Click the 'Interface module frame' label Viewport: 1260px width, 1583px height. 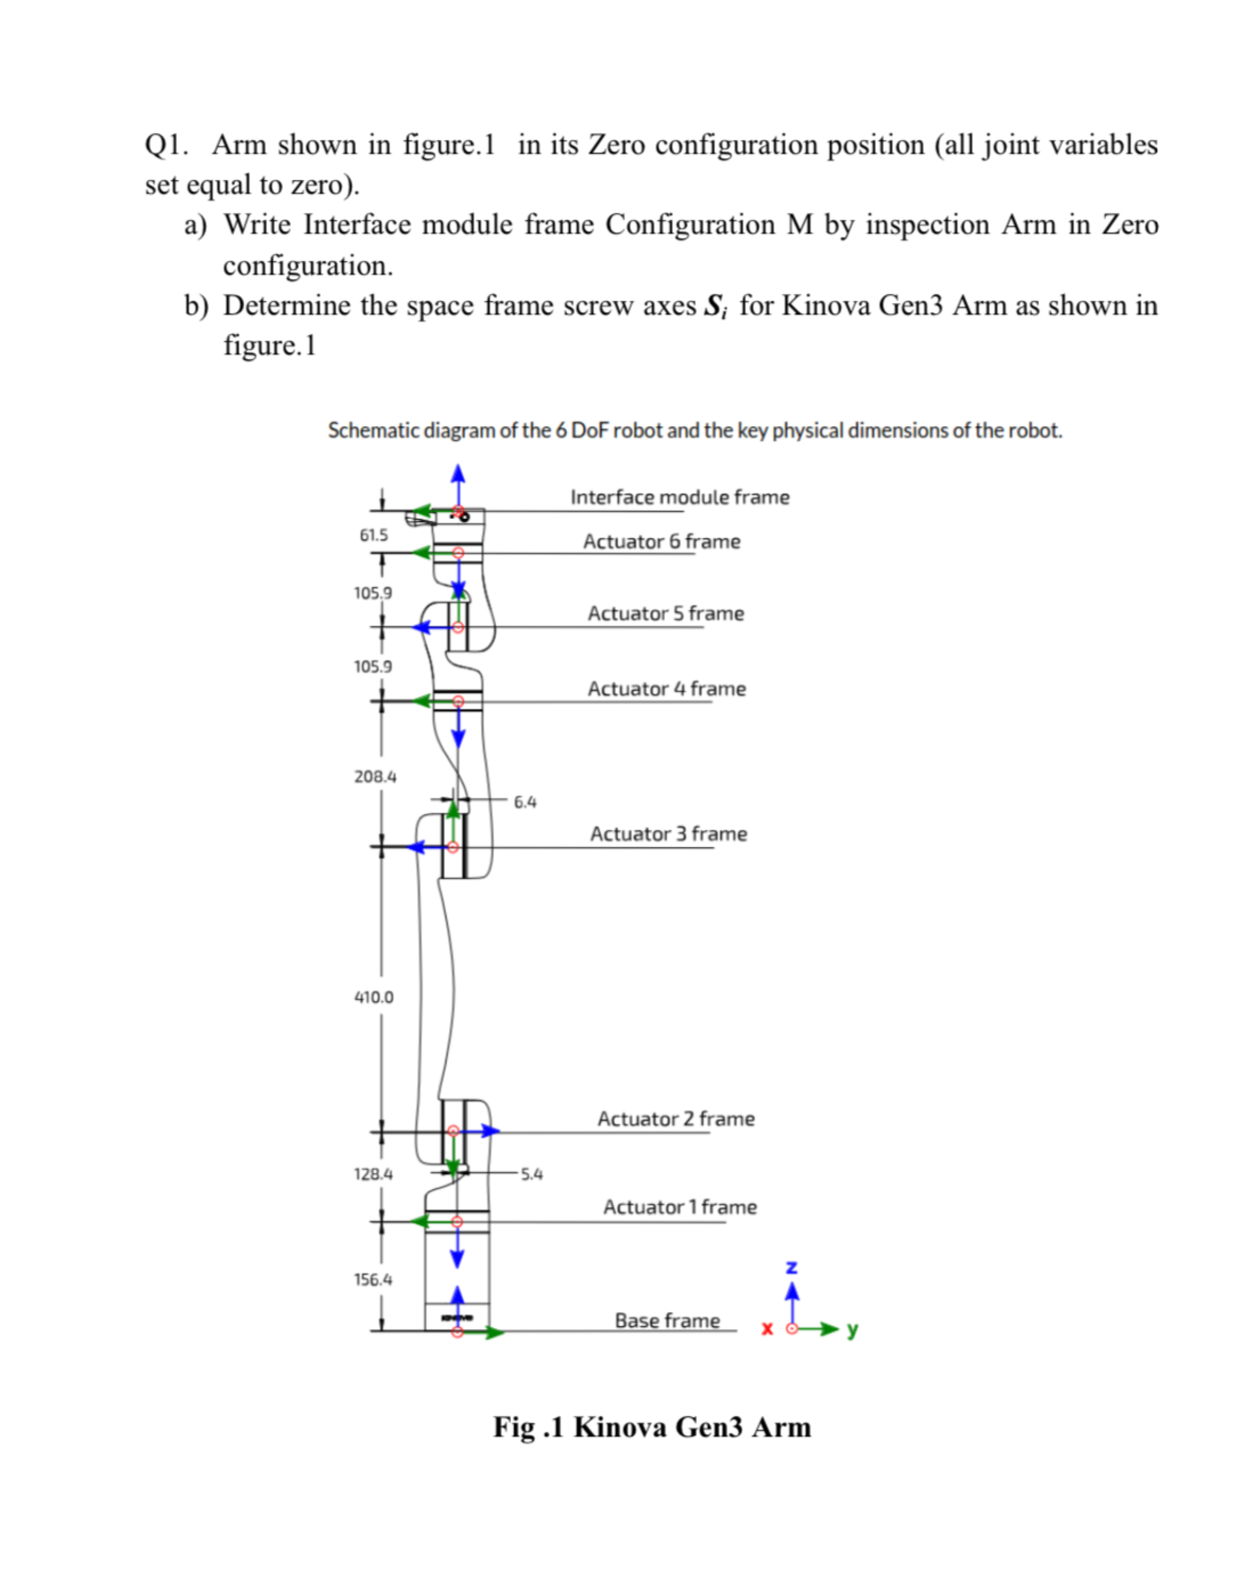679,497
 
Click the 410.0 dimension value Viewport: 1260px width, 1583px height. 374,997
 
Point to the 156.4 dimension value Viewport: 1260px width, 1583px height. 373,1280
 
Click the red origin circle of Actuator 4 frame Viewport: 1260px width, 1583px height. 458,702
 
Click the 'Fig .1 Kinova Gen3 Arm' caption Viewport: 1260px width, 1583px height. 652,1427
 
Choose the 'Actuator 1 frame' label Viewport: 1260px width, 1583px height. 679,1207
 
